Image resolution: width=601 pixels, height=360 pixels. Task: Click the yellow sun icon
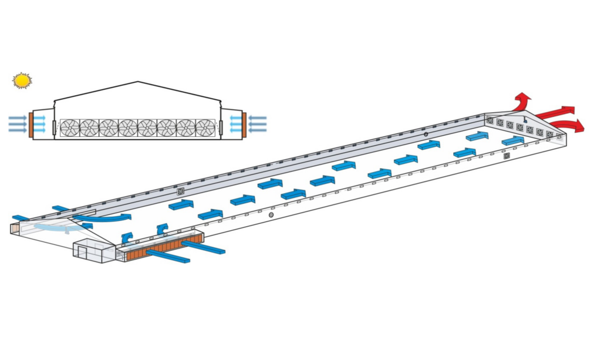pyautogui.click(x=22, y=80)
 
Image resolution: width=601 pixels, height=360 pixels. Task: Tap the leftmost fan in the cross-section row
pyautogui.click(x=70, y=127)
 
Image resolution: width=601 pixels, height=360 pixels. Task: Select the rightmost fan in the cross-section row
pyautogui.click(x=205, y=127)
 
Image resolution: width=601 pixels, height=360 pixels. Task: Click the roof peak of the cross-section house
pyautogui.click(x=138, y=82)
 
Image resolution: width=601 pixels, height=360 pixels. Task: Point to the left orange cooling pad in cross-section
pyautogui.click(x=31, y=125)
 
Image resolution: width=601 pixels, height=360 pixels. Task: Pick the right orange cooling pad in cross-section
pyautogui.click(x=244, y=125)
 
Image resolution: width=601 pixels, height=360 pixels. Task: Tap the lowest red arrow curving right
pyautogui.click(x=569, y=125)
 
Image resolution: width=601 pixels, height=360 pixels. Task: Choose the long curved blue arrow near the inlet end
pyautogui.click(x=100, y=218)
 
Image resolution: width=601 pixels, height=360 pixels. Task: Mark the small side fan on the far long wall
pyautogui.click(x=181, y=191)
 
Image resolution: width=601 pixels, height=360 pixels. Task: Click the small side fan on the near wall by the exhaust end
pyautogui.click(x=507, y=156)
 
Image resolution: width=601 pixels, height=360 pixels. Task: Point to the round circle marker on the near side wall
pyautogui.click(x=271, y=215)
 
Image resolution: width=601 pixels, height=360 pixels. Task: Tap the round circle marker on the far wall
pyautogui.click(x=426, y=134)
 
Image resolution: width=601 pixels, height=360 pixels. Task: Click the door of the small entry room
pyautogui.click(x=83, y=253)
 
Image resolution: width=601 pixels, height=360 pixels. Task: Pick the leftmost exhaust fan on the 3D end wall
pyautogui.click(x=490, y=120)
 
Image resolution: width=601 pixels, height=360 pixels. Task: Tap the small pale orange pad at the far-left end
pyautogui.click(x=15, y=228)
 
